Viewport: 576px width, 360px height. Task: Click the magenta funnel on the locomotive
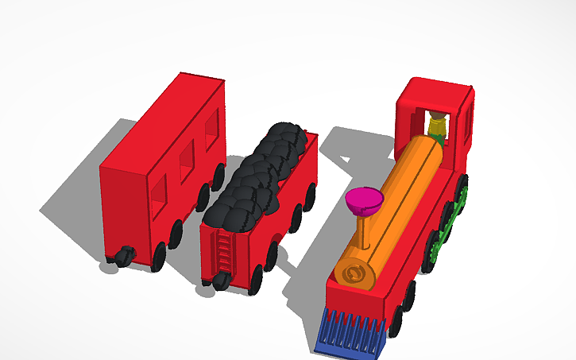coord(362,199)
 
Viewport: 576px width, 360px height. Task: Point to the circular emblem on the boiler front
coord(355,275)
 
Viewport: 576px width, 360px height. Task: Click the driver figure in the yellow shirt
coord(436,126)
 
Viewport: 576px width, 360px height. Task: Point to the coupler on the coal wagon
coord(221,279)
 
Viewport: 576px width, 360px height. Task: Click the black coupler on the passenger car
coord(123,256)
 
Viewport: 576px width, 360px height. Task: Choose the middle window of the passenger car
coord(187,162)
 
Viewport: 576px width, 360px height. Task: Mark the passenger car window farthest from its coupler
coord(211,130)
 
